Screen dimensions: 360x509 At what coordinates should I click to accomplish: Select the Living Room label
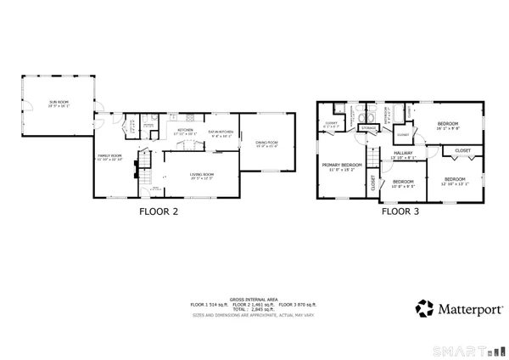(x=201, y=176)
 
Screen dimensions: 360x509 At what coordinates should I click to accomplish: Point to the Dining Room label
(x=266, y=143)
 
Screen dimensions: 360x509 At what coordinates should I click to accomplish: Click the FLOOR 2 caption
(x=159, y=213)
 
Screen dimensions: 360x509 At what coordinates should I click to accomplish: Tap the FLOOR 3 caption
(x=401, y=213)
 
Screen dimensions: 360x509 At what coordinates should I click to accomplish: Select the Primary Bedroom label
(x=342, y=166)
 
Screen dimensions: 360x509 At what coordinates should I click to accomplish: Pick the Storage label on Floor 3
(x=367, y=128)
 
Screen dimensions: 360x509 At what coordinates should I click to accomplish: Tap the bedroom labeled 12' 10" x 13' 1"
(x=455, y=180)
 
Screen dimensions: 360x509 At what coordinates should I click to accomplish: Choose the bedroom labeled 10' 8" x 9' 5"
(x=403, y=183)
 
